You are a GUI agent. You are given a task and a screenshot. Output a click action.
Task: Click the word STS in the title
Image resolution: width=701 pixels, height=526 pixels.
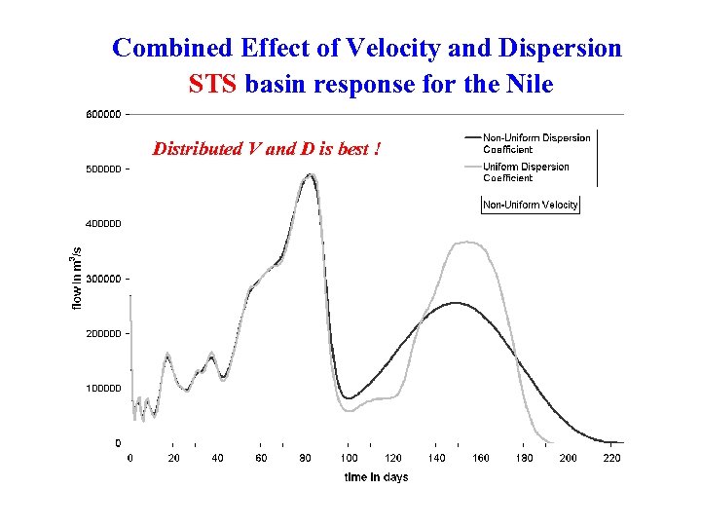click(213, 85)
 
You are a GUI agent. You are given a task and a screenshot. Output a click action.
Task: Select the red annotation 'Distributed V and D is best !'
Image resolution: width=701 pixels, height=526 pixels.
click(266, 149)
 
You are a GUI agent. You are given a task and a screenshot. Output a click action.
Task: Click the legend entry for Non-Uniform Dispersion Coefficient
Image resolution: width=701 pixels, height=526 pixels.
click(535, 143)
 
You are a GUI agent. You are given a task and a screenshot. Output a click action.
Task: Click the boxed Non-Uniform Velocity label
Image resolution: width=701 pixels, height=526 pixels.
click(531, 205)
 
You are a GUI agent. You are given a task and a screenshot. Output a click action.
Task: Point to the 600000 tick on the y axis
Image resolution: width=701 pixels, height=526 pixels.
click(103, 115)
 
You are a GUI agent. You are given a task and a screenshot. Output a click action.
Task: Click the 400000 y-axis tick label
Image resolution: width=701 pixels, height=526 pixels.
click(103, 224)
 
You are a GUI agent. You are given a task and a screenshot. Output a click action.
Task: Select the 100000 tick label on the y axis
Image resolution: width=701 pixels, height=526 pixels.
click(103, 389)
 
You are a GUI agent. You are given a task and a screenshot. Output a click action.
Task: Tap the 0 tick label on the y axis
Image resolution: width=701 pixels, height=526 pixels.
click(118, 443)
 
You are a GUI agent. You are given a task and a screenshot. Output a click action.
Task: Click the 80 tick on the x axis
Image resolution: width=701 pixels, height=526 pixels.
click(306, 458)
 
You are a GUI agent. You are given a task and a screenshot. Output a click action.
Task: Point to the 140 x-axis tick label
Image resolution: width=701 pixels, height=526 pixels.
click(437, 458)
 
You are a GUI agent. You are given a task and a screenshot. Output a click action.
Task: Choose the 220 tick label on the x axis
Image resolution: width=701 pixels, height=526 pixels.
click(612, 458)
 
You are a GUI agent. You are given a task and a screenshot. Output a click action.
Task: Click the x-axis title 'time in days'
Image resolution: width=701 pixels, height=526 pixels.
click(376, 477)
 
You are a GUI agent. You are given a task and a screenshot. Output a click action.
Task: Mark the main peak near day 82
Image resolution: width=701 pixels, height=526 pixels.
click(310, 176)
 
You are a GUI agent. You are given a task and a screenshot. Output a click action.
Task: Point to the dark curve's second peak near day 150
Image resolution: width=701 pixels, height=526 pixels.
click(456, 303)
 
